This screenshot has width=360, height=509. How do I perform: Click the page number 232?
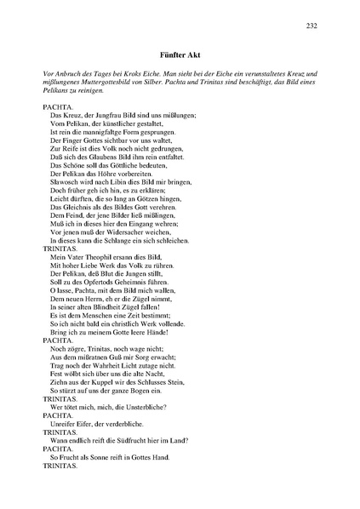(311, 26)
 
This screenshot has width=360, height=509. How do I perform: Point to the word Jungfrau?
(106, 114)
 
